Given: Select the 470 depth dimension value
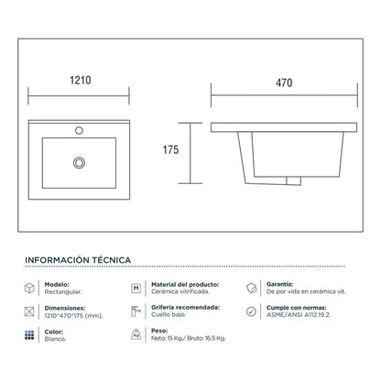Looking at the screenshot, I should coord(284,82).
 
